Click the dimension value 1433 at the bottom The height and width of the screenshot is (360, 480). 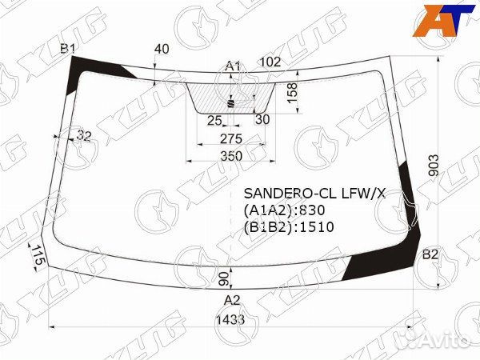230,320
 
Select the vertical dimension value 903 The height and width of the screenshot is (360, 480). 434,166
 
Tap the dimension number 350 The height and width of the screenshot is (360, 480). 231,157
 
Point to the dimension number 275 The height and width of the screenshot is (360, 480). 231,139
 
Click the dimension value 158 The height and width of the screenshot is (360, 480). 293,93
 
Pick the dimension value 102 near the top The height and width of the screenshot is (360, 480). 270,62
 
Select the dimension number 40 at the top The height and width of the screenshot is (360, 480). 162,49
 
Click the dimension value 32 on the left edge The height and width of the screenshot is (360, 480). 83,136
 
